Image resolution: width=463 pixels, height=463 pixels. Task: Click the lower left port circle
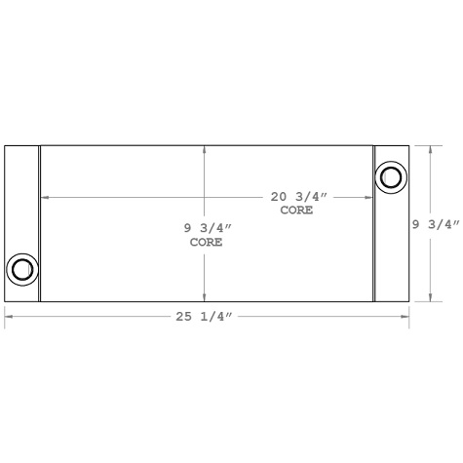click(21, 269)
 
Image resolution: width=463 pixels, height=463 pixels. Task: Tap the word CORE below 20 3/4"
click(296, 211)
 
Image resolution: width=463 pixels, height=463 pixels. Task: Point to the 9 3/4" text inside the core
click(208, 228)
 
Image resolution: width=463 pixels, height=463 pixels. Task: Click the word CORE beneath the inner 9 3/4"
click(207, 242)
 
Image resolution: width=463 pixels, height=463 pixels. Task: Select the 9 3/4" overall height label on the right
click(436, 225)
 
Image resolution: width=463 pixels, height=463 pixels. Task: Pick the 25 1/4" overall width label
click(207, 317)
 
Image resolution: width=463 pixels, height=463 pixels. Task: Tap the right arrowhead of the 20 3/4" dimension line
click(370, 197)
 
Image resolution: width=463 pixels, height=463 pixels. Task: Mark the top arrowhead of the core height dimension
click(204, 149)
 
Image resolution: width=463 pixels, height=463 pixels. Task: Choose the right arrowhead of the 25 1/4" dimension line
click(405, 317)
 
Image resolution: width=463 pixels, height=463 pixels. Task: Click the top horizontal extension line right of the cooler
click(428, 145)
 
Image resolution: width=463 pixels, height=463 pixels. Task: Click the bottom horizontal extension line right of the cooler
click(428, 302)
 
